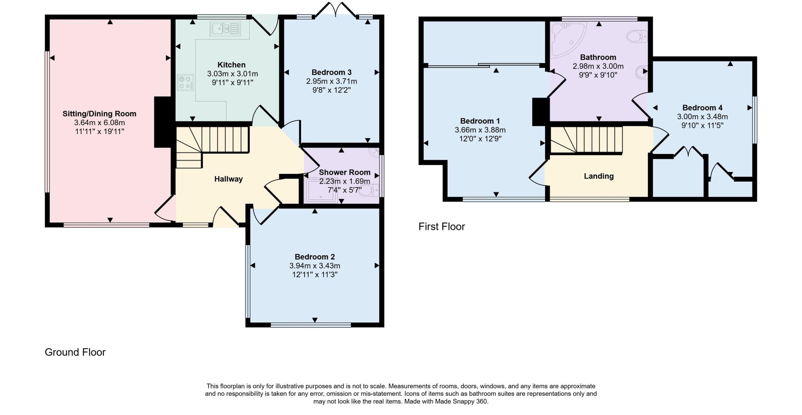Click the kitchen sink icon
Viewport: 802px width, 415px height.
pyautogui.click(x=225, y=29)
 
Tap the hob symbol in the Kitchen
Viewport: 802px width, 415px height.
pyautogui.click(x=185, y=82)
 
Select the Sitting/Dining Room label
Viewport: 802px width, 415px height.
pyautogui.click(x=99, y=114)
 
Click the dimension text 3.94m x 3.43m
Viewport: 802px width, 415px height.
pyautogui.click(x=314, y=266)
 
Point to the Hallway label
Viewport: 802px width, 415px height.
pyautogui.click(x=228, y=179)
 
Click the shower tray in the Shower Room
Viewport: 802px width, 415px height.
pyautogui.click(x=322, y=191)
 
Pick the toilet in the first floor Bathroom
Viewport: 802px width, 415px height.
pyautogui.click(x=637, y=37)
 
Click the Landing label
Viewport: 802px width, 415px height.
pyautogui.click(x=598, y=176)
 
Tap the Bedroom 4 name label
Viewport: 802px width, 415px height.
pyautogui.click(x=702, y=108)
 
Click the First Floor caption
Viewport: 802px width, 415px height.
pyautogui.click(x=441, y=227)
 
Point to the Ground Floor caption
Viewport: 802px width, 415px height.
pyautogui.click(x=75, y=352)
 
